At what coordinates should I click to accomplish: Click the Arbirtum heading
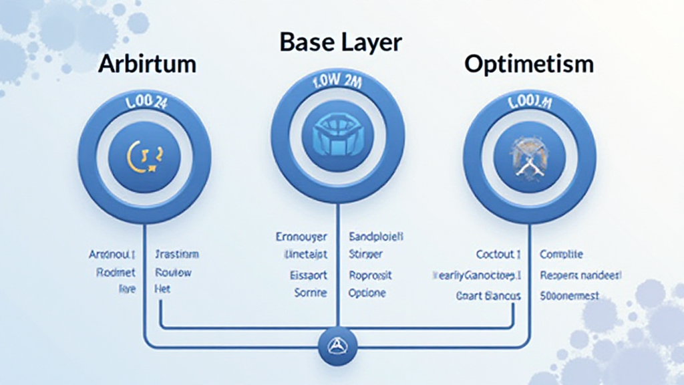pos(147,64)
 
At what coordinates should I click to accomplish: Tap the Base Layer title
pos(341,43)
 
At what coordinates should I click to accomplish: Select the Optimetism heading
pos(528,64)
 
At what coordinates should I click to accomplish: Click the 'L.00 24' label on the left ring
pos(145,104)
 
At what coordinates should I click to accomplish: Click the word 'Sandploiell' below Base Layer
pos(377,237)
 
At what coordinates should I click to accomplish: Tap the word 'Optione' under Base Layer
pos(367,293)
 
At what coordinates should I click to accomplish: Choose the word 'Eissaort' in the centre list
pos(308,275)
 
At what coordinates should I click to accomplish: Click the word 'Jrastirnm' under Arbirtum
pos(176,255)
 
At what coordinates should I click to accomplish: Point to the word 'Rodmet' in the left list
pos(116,272)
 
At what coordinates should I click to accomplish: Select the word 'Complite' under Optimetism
pos(561,255)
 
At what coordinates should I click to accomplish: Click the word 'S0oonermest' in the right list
pos(570,295)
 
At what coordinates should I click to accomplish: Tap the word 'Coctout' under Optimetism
pos(498,255)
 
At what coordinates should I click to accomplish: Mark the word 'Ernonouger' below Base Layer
pos(301,237)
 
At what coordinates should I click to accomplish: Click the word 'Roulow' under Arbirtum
pos(173,272)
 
